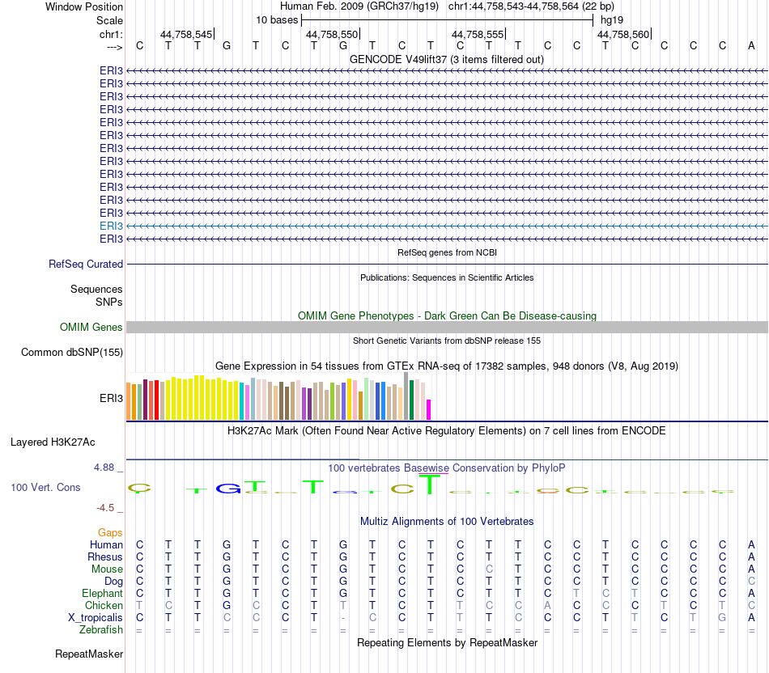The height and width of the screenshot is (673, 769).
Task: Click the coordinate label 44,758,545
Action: [x=186, y=35]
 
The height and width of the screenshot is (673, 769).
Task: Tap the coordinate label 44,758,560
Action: [x=623, y=35]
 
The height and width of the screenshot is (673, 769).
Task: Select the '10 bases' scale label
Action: [x=277, y=19]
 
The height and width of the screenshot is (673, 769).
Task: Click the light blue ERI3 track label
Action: [x=111, y=226]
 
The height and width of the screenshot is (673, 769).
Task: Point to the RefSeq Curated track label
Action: [x=86, y=264]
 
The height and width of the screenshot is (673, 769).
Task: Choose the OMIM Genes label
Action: [x=91, y=327]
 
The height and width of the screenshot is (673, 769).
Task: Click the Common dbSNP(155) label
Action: [x=72, y=352]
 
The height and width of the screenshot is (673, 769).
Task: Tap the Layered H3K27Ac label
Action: [x=53, y=442]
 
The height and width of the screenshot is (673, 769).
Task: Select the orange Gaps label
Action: [x=110, y=532]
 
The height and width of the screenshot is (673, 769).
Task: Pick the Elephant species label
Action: [x=102, y=593]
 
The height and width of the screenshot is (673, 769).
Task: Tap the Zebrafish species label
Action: [x=100, y=629]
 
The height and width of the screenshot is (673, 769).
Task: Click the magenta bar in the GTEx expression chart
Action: [x=429, y=409]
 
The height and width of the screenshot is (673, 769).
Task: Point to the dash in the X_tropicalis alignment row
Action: [x=343, y=617]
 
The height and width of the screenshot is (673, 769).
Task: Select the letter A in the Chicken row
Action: [x=547, y=605]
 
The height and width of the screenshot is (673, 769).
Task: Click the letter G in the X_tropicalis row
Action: [x=722, y=617]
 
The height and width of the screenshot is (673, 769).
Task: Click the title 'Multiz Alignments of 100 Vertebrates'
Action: [x=447, y=521]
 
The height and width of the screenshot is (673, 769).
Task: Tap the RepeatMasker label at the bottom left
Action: [x=89, y=653]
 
